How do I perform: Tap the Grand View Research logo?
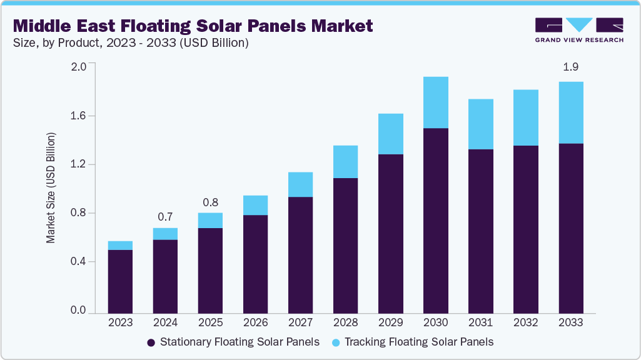(x=579, y=30)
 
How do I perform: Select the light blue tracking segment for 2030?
(x=435, y=102)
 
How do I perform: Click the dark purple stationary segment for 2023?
(x=120, y=281)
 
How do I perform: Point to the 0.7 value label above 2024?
(x=165, y=217)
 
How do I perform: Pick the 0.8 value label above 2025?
(x=210, y=202)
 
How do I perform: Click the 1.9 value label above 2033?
(x=570, y=67)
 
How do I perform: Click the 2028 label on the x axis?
(x=345, y=323)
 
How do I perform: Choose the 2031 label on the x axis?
(x=480, y=323)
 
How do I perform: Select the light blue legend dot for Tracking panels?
(x=336, y=342)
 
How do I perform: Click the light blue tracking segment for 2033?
(x=570, y=112)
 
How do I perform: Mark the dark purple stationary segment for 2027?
(x=300, y=254)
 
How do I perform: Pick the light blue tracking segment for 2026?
(x=255, y=205)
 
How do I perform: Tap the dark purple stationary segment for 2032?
(x=525, y=229)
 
